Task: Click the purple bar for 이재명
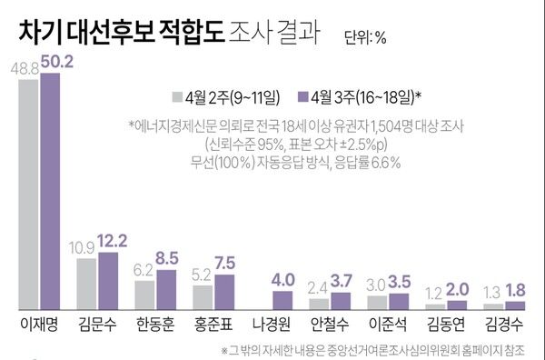tap(50, 191)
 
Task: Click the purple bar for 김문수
tap(109, 280)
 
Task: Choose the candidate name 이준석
tap(390, 325)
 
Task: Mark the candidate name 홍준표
tap(213, 325)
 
